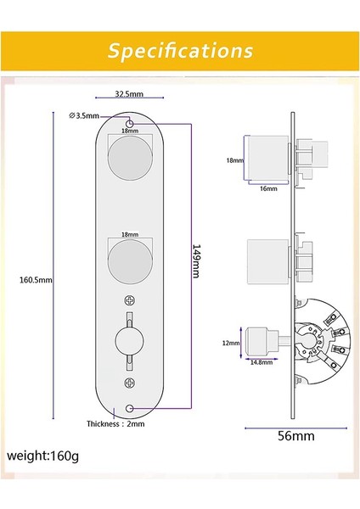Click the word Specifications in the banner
tap(180, 50)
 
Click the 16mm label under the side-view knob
tap(269, 189)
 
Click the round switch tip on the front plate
tap(129, 343)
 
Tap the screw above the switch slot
tap(129, 299)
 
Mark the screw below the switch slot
tap(129, 386)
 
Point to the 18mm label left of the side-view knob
tap(234, 159)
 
